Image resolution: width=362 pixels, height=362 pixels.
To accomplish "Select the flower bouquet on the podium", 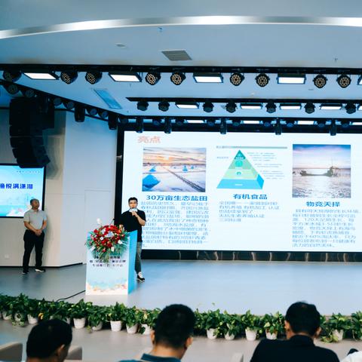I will point(107,238).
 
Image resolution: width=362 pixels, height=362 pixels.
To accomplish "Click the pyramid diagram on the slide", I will point(240,170).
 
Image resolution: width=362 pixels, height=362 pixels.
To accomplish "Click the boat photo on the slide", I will point(321,170).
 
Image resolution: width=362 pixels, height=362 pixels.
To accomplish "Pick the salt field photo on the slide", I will point(173,169).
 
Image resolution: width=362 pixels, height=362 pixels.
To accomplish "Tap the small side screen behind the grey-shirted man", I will point(17,190).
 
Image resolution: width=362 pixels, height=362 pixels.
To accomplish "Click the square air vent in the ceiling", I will point(176,55).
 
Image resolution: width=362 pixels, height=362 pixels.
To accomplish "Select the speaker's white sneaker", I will point(140,277).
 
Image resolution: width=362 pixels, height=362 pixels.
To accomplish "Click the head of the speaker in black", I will point(133,203).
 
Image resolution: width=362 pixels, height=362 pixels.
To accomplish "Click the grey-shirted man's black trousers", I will point(33,248).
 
